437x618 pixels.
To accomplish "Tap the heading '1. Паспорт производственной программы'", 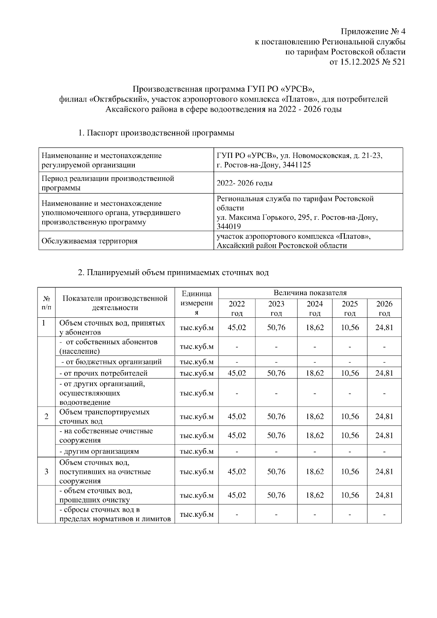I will click(156, 133).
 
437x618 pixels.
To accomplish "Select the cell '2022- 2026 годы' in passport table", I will click(244, 183).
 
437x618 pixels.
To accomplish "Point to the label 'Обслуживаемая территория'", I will click(90, 241).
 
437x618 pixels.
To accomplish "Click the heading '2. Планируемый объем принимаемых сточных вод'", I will click(174, 272).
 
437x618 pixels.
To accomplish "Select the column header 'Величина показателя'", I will click(310, 293).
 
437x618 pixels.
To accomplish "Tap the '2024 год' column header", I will click(314, 308).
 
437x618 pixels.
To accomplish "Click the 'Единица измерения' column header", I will click(197, 303).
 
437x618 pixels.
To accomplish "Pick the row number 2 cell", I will click(46, 416).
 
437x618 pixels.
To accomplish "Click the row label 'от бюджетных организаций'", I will click(111, 362).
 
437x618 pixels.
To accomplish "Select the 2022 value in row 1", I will click(237, 327).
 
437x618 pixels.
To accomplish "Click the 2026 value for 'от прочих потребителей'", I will click(384, 373).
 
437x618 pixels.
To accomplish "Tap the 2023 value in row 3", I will click(276, 471).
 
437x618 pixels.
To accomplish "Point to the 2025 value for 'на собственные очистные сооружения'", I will click(350, 435).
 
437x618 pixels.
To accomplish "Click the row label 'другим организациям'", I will click(99, 451).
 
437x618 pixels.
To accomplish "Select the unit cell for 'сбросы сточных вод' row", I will click(197, 514).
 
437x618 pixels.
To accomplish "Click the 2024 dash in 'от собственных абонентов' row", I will click(314, 346).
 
